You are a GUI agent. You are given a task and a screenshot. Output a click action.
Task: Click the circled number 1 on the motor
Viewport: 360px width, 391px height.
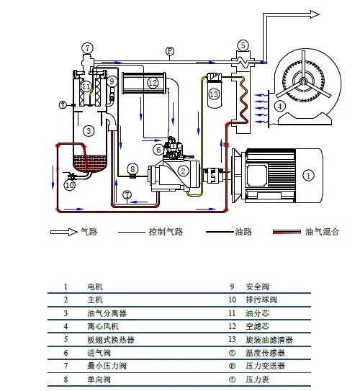(x=308, y=174)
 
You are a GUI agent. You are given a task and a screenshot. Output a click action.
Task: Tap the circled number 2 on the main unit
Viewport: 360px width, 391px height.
(x=184, y=171)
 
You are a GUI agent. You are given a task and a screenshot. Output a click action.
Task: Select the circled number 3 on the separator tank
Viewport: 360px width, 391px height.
(x=88, y=130)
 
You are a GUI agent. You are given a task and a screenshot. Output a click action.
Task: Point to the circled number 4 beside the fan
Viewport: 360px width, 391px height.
(x=280, y=106)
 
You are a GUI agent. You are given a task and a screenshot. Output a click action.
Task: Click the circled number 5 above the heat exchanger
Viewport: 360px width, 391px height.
(x=243, y=45)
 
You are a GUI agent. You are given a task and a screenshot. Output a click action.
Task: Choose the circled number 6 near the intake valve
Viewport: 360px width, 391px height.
(x=158, y=150)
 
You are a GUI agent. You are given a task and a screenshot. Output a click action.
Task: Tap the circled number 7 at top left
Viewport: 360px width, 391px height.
(x=88, y=48)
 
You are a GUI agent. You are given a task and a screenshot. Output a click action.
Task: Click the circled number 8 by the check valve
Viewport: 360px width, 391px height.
(x=132, y=168)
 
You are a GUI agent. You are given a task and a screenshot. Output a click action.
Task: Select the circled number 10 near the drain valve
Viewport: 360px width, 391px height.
(x=69, y=185)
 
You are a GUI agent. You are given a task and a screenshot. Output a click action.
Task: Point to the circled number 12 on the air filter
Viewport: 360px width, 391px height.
(x=152, y=83)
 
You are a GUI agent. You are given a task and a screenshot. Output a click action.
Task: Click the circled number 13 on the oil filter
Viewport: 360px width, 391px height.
(x=213, y=93)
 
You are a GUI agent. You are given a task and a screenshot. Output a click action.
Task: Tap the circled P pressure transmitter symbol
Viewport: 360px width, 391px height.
(x=169, y=51)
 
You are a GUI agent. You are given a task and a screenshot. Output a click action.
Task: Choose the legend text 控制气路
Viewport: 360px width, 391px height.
(x=168, y=233)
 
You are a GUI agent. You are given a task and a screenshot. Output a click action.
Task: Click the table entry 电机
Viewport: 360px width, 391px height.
(x=94, y=286)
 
